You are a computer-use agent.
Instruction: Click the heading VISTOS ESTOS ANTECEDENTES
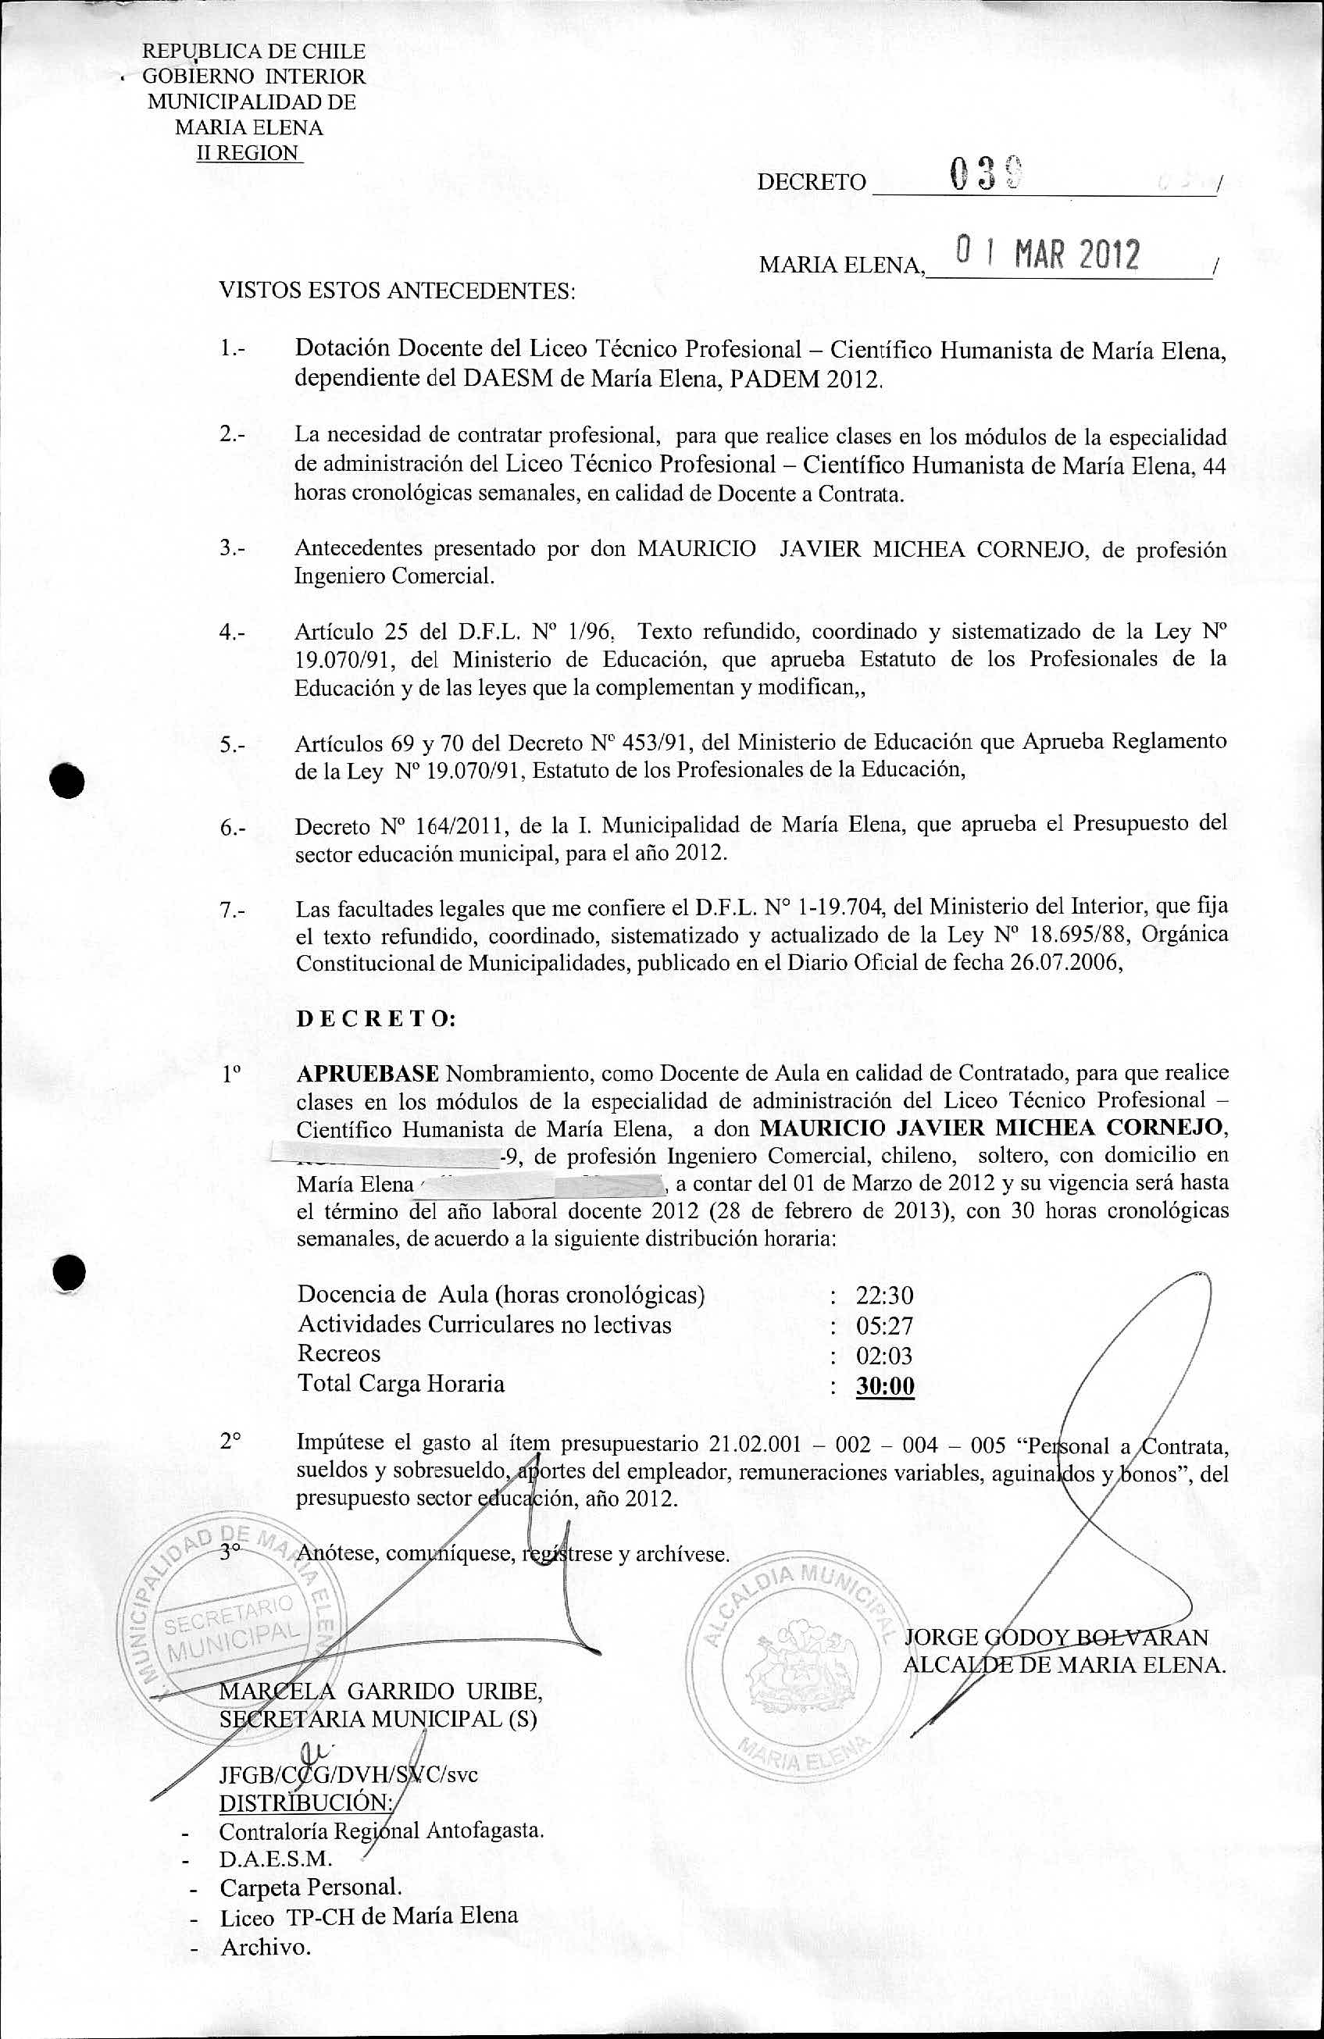[x=397, y=291]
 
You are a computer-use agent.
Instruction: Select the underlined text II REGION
[x=248, y=153]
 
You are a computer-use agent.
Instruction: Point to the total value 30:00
[x=884, y=1385]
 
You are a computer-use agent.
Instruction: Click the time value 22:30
[x=883, y=1296]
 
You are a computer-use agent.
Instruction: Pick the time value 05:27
[x=883, y=1325]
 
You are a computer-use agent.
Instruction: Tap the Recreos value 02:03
[x=883, y=1356]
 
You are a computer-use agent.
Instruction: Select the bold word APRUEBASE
[x=368, y=1074]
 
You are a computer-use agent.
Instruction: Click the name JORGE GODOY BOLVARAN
[x=1056, y=1637]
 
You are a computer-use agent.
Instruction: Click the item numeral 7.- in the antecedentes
[x=232, y=911]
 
